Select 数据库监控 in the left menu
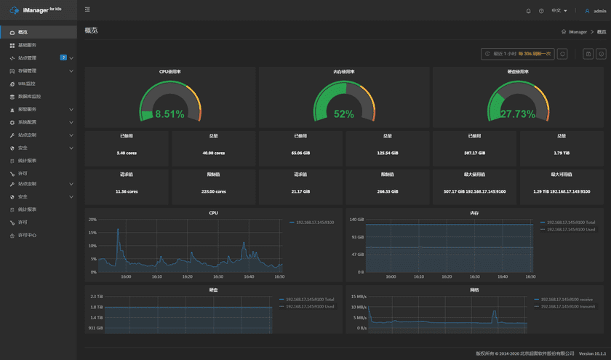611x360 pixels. tap(29, 96)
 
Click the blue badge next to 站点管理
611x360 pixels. tap(63, 57)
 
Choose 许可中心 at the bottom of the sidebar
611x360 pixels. tap(27, 235)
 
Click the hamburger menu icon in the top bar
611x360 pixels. tap(87, 10)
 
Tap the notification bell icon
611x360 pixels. tap(528, 11)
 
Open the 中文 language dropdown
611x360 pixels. tap(559, 11)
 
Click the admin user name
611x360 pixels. tap(599, 11)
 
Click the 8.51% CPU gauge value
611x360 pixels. tap(169, 114)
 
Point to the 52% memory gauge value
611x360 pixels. tap(343, 114)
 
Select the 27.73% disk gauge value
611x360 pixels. tap(517, 114)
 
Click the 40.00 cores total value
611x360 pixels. tap(213, 153)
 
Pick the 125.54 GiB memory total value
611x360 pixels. tap(387, 153)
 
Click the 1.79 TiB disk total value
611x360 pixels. tap(561, 153)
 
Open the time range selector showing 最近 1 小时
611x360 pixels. tap(517, 54)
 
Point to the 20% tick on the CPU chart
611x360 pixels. tap(92, 219)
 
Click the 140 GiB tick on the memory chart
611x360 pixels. tap(356, 219)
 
